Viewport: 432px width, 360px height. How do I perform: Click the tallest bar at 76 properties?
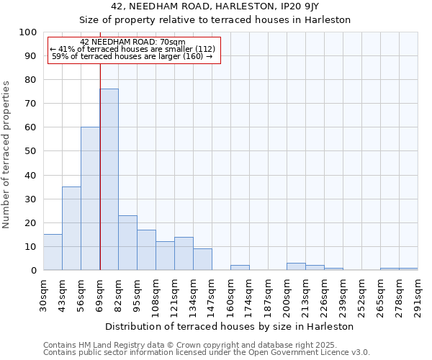click(109, 179)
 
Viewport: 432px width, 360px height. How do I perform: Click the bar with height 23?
click(127, 243)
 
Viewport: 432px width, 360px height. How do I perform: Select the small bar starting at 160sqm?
click(240, 267)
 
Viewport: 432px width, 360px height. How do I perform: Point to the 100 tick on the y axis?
click(28, 32)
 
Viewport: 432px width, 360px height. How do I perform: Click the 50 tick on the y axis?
click(30, 151)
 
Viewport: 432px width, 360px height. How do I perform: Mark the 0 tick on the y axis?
click(33, 270)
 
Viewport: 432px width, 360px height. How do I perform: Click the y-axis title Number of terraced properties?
click(7, 155)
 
